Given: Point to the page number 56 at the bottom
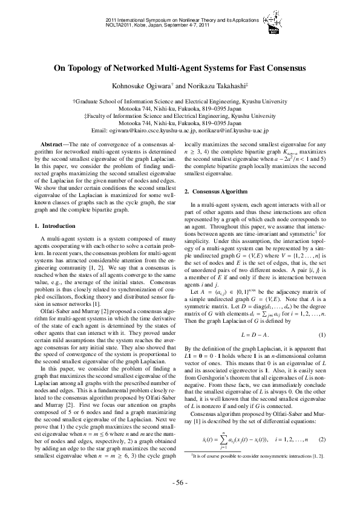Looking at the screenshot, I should (180, 483).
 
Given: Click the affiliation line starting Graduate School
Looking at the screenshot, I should (180, 102).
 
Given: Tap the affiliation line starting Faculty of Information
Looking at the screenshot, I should (180, 116).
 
